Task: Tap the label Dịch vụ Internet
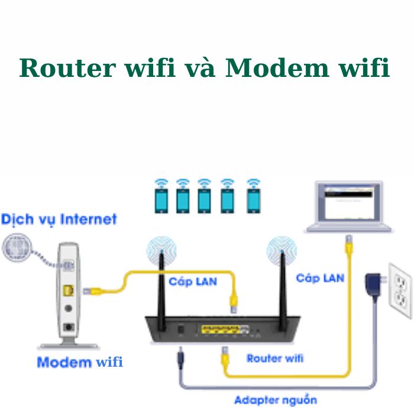(x=59, y=219)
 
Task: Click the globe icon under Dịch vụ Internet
(x=18, y=249)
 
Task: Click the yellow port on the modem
(x=69, y=290)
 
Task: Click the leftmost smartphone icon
(x=161, y=197)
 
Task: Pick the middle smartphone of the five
(x=205, y=197)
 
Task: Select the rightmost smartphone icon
(x=254, y=197)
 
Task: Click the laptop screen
(x=348, y=201)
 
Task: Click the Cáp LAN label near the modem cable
(x=193, y=281)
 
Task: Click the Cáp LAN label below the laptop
(x=320, y=277)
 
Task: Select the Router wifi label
(x=275, y=358)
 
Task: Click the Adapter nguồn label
(x=275, y=400)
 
